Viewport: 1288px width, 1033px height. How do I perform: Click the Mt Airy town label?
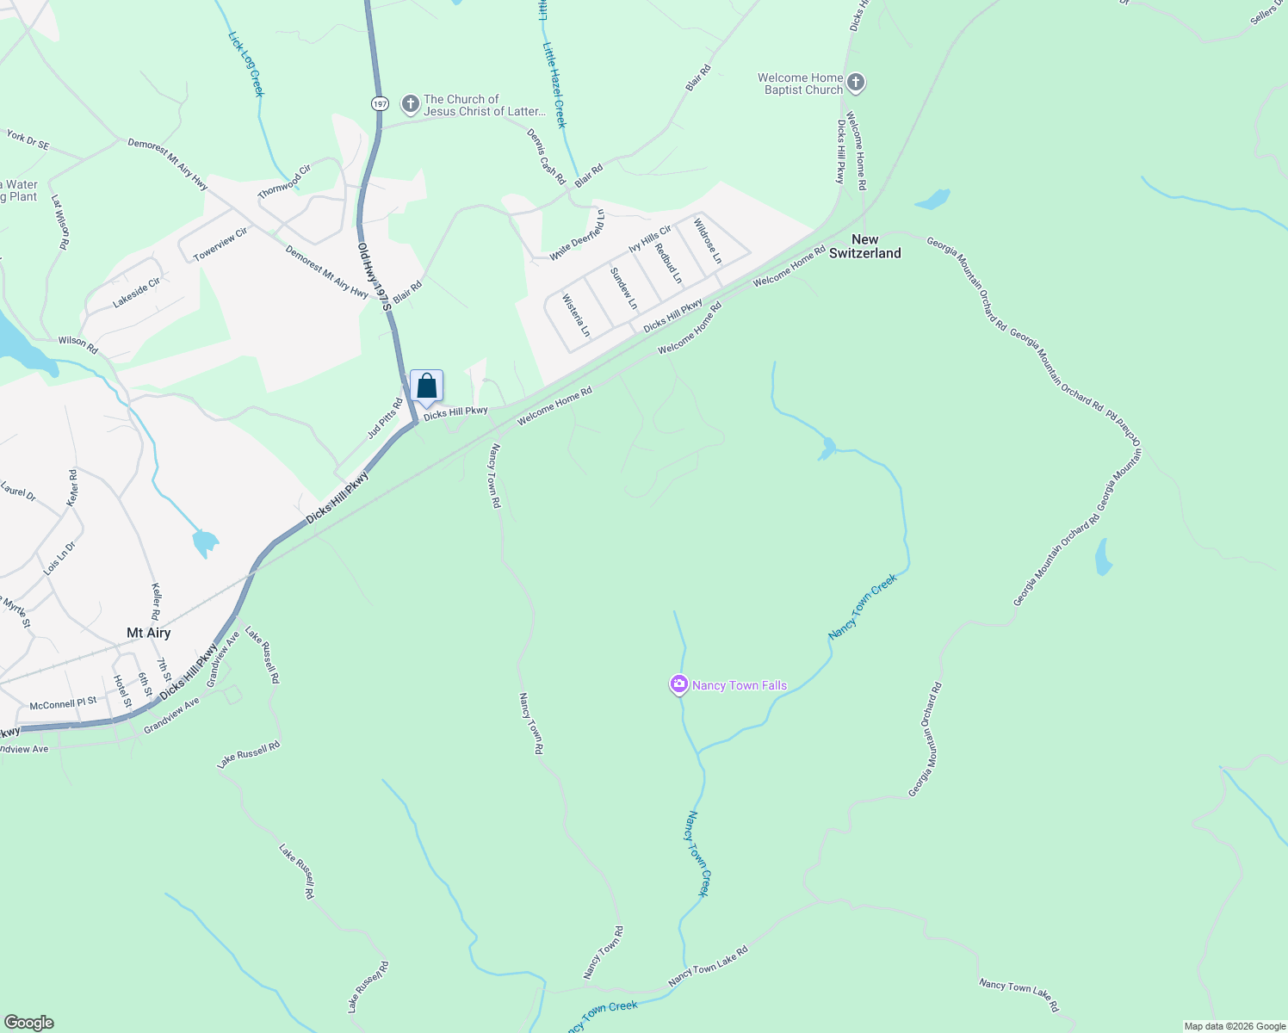(x=149, y=633)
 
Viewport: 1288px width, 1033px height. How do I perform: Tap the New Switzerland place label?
(x=864, y=246)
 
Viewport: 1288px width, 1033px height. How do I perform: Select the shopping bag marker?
(x=426, y=387)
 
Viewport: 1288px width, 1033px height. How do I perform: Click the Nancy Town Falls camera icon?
(x=679, y=684)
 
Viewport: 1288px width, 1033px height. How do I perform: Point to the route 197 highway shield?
(x=381, y=103)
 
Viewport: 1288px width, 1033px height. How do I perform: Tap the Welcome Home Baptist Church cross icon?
(x=855, y=84)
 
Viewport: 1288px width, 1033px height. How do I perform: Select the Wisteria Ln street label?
(x=576, y=316)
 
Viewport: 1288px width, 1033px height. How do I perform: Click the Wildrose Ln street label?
(x=708, y=241)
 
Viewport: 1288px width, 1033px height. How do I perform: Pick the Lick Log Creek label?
(x=245, y=64)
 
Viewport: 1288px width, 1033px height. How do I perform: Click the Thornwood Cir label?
(x=284, y=182)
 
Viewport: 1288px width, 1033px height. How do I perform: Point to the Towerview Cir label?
(x=220, y=244)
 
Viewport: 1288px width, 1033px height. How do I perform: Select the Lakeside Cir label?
(x=137, y=293)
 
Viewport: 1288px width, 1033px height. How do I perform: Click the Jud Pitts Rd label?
(x=385, y=419)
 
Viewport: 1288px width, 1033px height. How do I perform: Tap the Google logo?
(x=28, y=1023)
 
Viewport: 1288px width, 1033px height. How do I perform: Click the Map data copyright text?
(x=1234, y=1026)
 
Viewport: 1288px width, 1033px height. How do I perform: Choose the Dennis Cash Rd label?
(x=546, y=157)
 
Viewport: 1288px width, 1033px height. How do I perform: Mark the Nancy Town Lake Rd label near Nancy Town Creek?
(x=708, y=967)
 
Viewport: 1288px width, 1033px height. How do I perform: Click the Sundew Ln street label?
(x=623, y=288)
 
